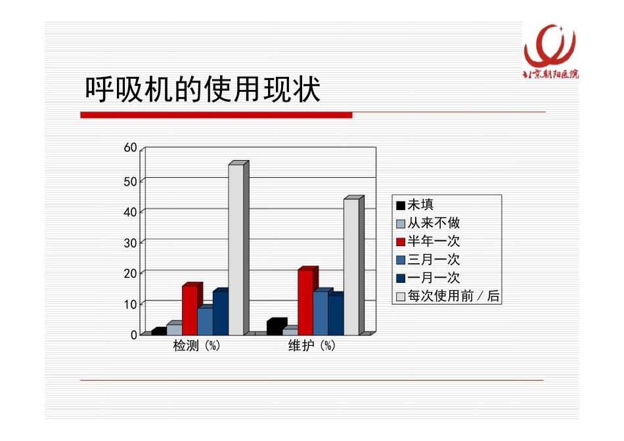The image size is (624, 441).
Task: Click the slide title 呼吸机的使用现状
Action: point(203,91)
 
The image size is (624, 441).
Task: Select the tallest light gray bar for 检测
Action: point(236,249)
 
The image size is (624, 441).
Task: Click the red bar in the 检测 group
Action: point(190,310)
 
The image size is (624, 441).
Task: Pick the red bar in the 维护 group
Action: point(305,302)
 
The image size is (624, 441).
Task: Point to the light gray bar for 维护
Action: point(351,266)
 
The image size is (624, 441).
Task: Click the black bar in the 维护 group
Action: point(275,327)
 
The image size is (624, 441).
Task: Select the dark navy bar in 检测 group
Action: point(221,312)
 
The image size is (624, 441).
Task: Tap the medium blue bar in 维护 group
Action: point(321,313)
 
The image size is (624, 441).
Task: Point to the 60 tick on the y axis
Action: point(131,148)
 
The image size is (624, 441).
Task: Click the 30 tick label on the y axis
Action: point(131,242)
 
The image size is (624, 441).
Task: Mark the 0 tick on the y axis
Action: point(134,335)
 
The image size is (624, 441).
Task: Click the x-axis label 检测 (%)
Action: point(196,346)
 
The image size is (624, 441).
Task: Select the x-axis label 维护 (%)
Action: point(312,346)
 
